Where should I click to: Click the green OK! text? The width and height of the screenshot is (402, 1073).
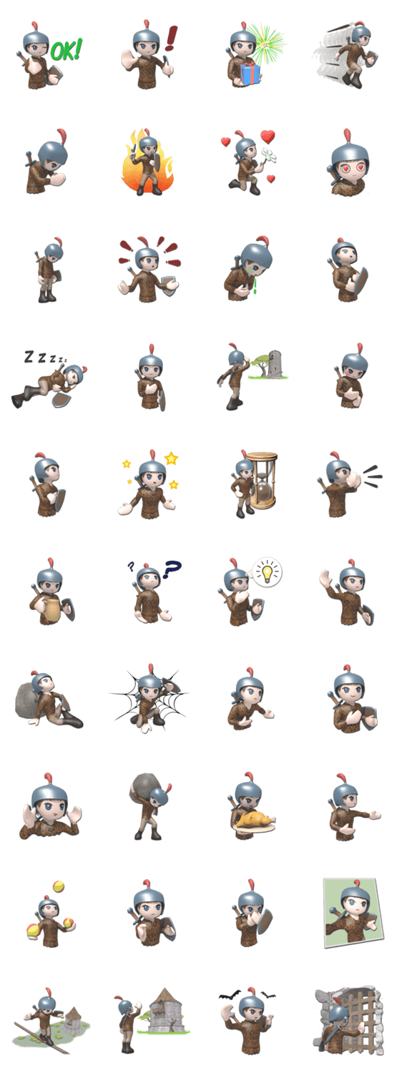66,50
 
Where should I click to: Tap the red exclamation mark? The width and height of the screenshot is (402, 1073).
171,39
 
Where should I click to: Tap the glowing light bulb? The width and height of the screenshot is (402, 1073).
268,572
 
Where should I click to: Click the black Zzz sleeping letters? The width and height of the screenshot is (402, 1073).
44,358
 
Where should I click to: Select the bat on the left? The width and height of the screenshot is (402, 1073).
228,996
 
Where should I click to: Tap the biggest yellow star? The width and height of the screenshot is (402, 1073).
171,459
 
